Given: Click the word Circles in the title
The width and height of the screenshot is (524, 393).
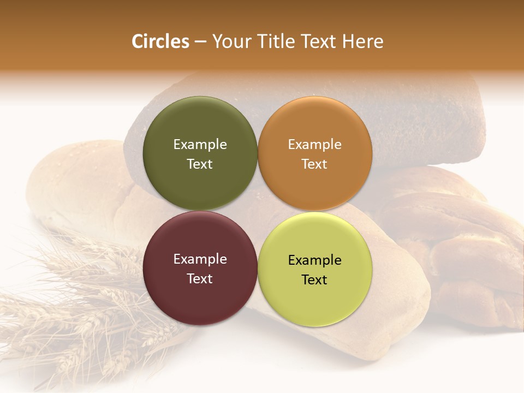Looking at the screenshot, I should pos(160,41).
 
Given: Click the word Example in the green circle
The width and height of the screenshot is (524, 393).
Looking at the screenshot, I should pos(200,144).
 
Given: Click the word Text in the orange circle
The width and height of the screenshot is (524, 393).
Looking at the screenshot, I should pos(314,164).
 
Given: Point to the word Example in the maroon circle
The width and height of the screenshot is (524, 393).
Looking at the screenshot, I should pos(200,259).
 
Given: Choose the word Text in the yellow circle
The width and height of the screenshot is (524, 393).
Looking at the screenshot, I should pos(314,279).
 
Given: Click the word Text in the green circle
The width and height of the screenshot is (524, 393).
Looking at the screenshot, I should pos(200,164).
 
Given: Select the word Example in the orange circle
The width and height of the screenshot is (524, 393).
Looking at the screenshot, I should pos(314,144).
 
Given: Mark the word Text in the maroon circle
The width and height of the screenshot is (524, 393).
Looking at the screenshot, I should pos(200,278).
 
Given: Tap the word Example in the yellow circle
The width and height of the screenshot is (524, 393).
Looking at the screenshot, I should pos(314,260).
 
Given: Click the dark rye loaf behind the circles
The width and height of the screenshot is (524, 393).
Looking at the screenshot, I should pos(426,120).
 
